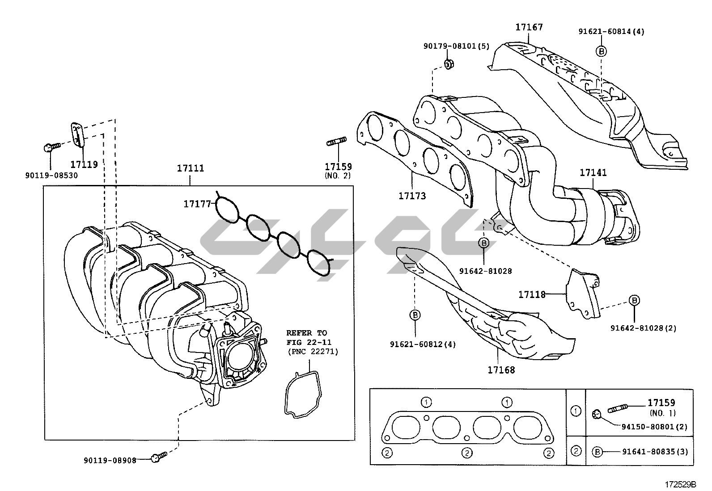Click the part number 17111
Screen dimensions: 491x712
pos(190,168)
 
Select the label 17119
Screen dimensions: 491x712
pos(84,164)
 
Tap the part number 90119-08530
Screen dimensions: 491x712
pos(51,176)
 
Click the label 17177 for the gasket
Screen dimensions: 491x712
pos(197,204)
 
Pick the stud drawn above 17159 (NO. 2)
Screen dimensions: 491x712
pos(336,143)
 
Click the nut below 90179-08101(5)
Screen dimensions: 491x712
pos(449,64)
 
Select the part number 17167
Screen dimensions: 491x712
pos(529,27)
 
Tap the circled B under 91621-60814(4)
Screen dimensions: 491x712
pos(602,51)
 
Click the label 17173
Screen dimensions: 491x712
pos(412,196)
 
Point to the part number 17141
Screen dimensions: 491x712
pos(593,172)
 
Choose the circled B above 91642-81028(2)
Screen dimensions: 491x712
pos(634,301)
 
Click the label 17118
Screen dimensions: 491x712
pos(532,294)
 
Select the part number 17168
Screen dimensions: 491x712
pos(501,370)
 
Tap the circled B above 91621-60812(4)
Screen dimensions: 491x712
pos(415,315)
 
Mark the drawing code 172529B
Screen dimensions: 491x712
pos(680,484)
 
